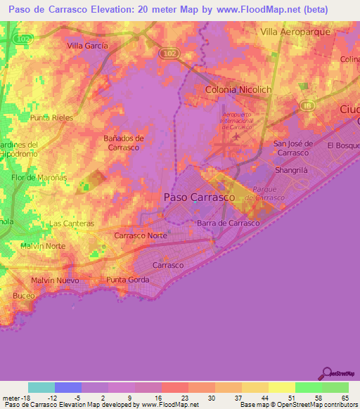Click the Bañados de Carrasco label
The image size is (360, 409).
pyautogui.click(x=123, y=143)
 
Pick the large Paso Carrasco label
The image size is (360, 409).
pyautogui.click(x=199, y=197)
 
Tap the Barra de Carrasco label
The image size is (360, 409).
pyautogui.click(x=229, y=223)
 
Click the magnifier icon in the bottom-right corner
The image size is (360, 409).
pyautogui.click(x=326, y=375)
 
